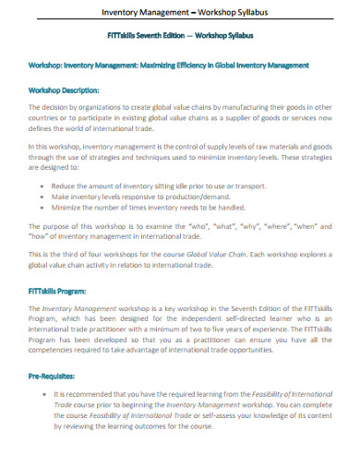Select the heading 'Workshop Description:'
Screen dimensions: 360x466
tap(64, 90)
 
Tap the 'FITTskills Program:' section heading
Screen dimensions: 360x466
tap(59, 290)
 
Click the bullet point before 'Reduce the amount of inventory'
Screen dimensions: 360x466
tap(45, 185)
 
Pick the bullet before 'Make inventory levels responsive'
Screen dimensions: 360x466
tap(45, 197)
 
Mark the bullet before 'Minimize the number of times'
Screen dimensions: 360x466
tap(45, 209)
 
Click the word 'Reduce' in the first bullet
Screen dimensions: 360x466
tap(67, 185)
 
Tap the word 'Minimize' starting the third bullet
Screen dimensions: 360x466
tap(71, 209)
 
